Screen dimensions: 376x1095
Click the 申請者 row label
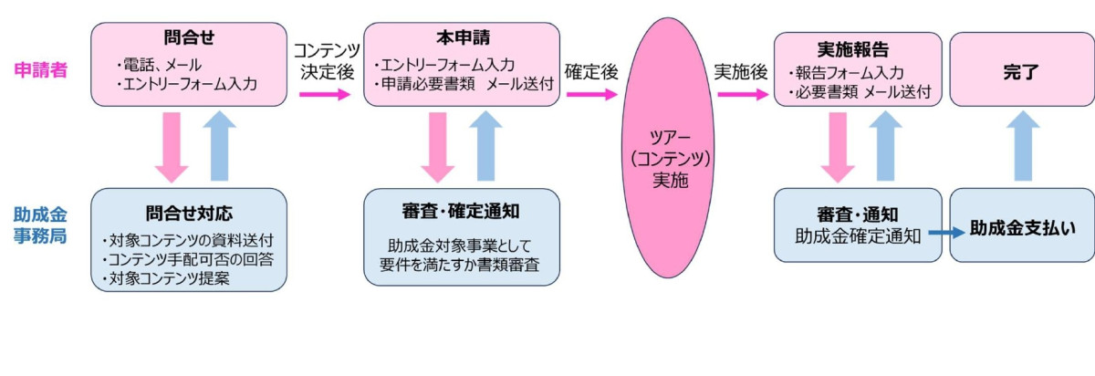(x=41, y=69)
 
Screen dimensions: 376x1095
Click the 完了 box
(x=1021, y=69)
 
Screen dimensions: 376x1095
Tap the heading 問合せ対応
(x=189, y=213)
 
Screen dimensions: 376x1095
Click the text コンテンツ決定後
(x=327, y=61)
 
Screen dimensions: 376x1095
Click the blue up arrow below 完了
(x=1023, y=146)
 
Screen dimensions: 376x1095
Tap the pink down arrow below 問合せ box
(x=171, y=147)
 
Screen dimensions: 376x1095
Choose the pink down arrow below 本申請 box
(x=437, y=147)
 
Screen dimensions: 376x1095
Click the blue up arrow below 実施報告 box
(x=883, y=146)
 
